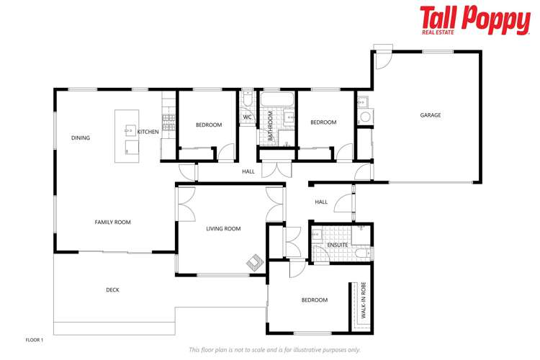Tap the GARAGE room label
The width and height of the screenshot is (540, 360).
(431, 115)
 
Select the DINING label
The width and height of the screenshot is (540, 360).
(81, 138)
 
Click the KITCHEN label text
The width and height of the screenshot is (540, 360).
(148, 132)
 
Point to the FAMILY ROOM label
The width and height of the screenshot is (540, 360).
(113, 222)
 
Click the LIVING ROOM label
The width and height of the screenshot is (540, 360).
(223, 229)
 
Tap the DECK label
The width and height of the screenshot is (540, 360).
(112, 290)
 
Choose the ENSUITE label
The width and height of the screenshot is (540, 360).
(338, 245)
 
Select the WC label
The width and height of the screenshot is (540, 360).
(247, 117)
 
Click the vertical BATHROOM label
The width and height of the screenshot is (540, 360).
(271, 125)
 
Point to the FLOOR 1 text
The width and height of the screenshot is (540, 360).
(35, 339)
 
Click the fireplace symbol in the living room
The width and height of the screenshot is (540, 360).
(254, 264)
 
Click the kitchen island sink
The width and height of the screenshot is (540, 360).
(131, 130)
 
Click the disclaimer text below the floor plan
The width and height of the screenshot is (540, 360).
(274, 349)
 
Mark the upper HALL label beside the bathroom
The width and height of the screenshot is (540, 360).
(248, 171)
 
